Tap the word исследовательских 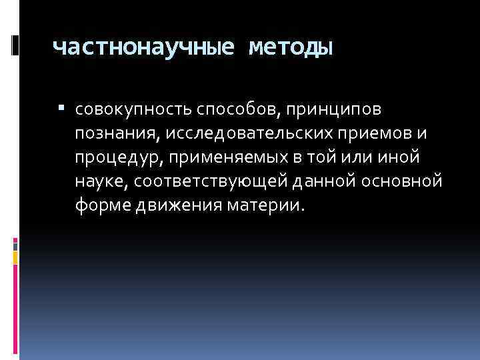tap(243, 133)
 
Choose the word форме tap(101, 205)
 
